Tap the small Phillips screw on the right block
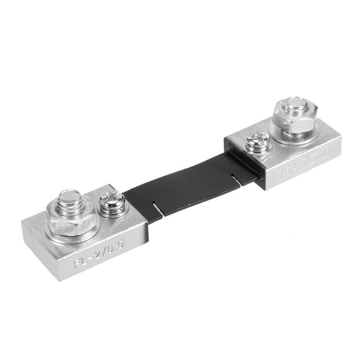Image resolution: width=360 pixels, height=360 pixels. click(257, 143)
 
